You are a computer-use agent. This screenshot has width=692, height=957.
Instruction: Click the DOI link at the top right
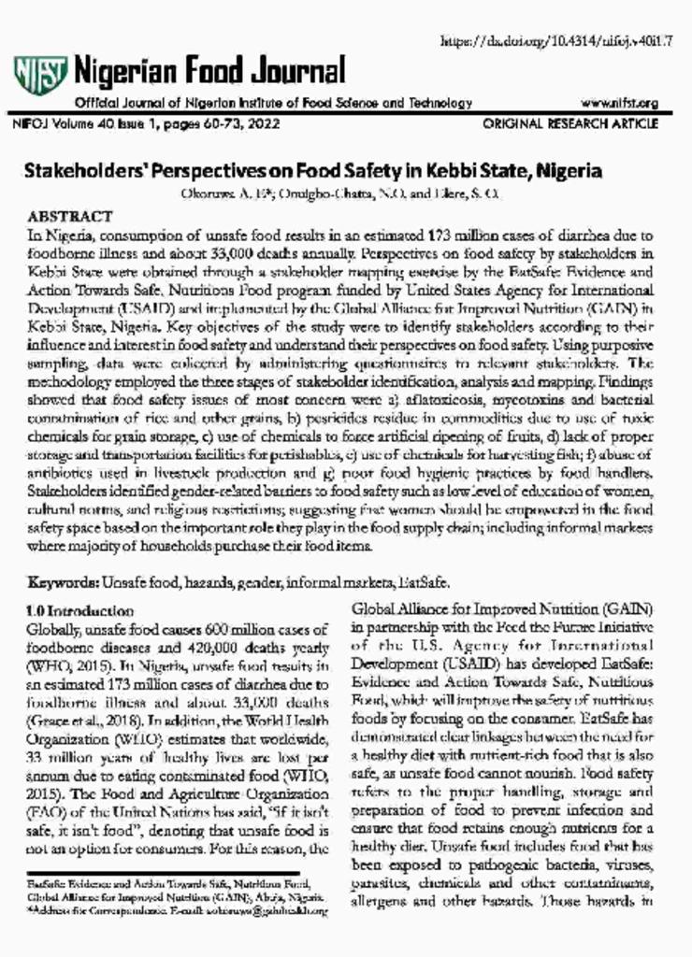point(561,39)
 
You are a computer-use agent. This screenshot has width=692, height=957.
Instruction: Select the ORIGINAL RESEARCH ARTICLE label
point(570,123)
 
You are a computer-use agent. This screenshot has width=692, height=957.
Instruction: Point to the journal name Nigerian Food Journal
point(209,70)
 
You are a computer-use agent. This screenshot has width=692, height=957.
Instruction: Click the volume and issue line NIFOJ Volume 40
point(146,123)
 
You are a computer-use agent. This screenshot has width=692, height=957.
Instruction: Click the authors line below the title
point(345,194)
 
